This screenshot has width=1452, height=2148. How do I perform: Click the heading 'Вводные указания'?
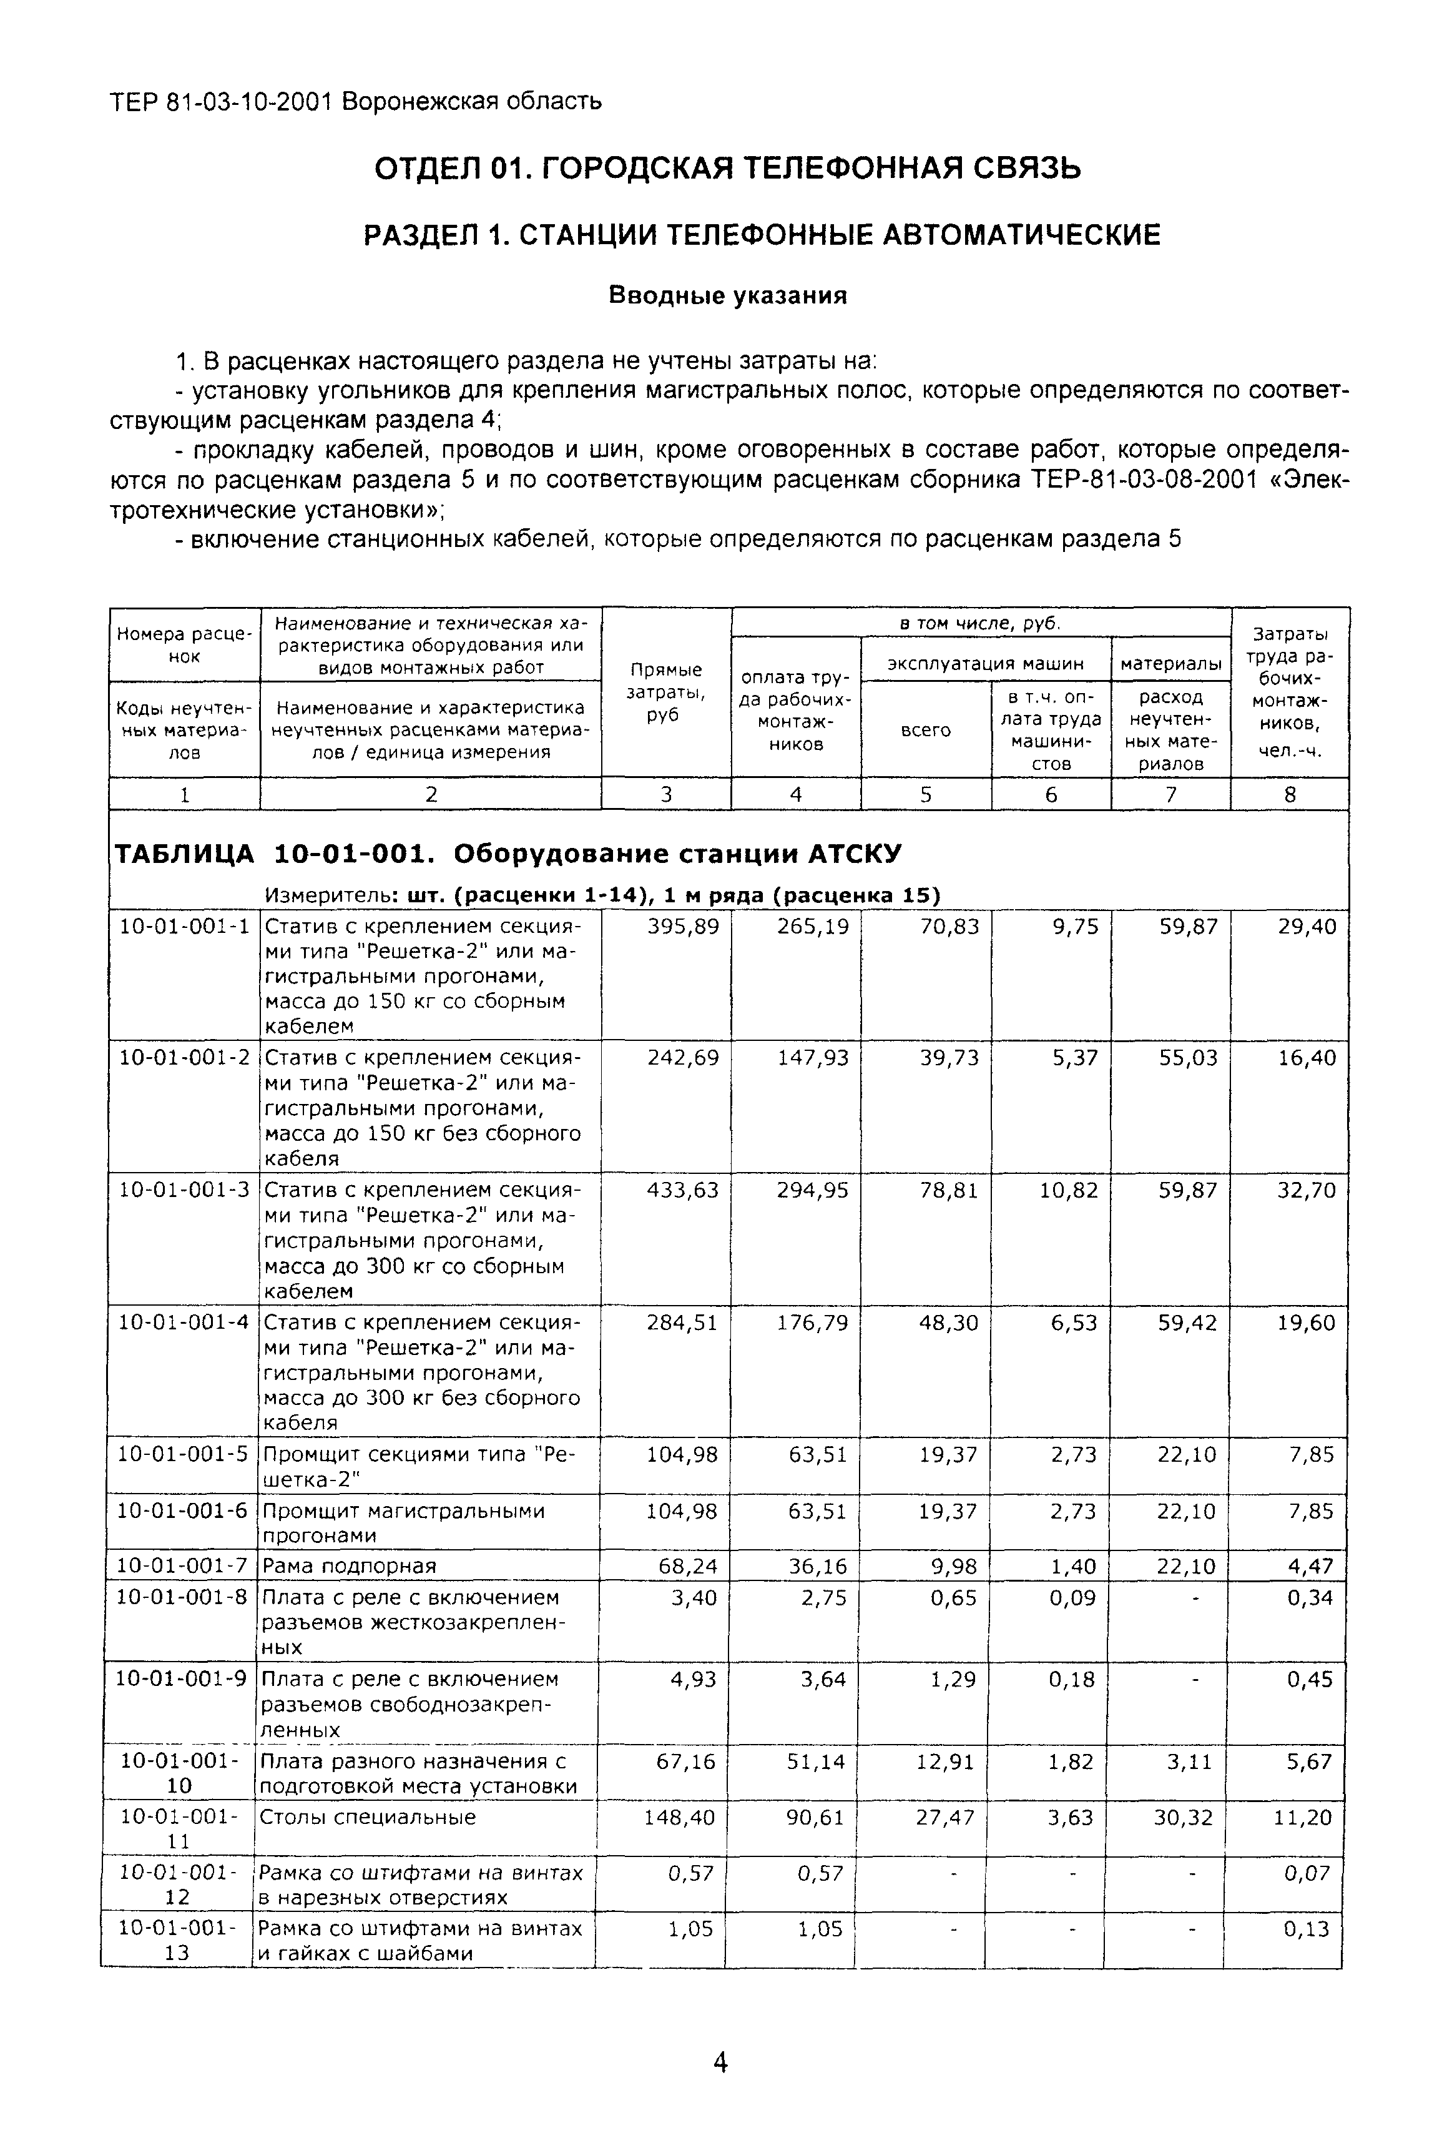point(727,296)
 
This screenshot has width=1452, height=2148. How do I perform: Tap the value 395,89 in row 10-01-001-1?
point(682,926)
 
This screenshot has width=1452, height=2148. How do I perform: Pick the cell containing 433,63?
point(682,1190)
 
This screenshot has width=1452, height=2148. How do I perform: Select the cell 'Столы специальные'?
point(367,1817)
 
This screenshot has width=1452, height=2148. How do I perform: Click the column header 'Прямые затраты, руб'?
point(665,692)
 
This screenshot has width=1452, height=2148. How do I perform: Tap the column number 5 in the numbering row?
point(925,794)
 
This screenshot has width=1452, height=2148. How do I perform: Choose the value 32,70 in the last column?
point(1306,1190)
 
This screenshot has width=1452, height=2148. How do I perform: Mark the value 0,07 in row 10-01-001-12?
point(1306,1873)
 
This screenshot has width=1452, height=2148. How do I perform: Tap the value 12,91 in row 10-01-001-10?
point(944,1761)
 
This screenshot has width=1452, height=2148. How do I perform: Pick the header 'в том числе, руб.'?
point(979,623)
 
